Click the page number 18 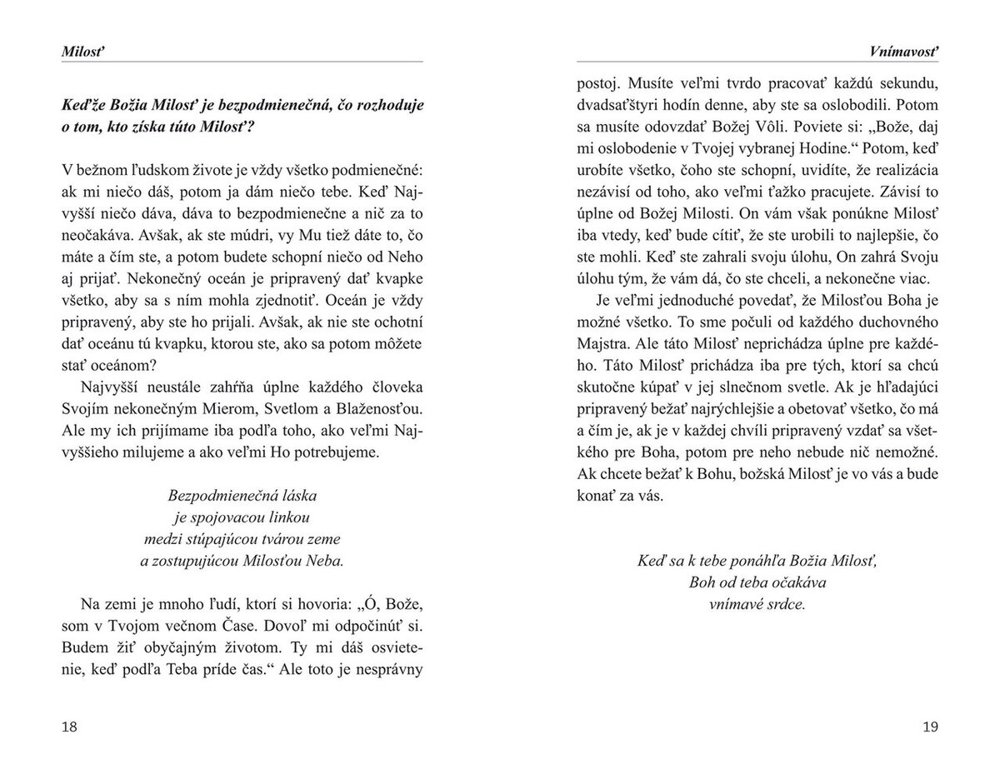click(69, 727)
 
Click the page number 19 click(930, 727)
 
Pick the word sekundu click(909, 84)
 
